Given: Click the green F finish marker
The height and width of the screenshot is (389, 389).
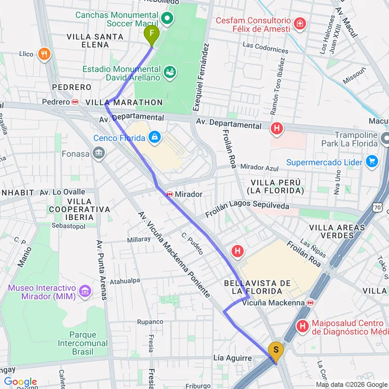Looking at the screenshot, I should coord(151,35).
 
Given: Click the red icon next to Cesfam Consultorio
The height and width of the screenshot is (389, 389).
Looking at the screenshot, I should coord(299,23).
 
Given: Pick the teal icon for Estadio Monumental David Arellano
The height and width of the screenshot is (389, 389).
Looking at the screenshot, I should coord(169,72).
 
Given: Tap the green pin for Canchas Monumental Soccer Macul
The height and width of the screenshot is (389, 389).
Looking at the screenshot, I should coord(167,20).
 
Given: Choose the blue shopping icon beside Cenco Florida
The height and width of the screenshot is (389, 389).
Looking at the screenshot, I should coord(154,137).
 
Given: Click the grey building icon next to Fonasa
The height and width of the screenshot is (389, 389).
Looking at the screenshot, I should coord(98,153).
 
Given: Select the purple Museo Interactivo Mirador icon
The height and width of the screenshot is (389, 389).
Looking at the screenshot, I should coord(85,292).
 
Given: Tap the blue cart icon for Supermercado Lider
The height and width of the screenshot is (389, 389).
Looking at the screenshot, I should coord(371,162).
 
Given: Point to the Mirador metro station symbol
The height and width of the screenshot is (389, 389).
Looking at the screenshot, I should coord(169,194).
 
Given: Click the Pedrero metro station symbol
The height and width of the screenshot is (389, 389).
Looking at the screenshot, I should coord(75,102).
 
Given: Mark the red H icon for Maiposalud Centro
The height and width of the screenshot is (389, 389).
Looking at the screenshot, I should coord(302,326).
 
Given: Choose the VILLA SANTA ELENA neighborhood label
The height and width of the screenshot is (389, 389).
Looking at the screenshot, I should coord(95,40).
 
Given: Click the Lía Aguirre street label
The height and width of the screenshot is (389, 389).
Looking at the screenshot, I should coord(232,358).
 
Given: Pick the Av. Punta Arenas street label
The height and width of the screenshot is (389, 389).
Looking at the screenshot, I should coord(101,270).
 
